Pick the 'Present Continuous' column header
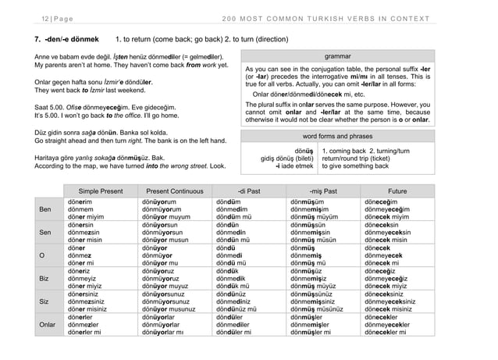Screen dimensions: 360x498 point(169,189)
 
